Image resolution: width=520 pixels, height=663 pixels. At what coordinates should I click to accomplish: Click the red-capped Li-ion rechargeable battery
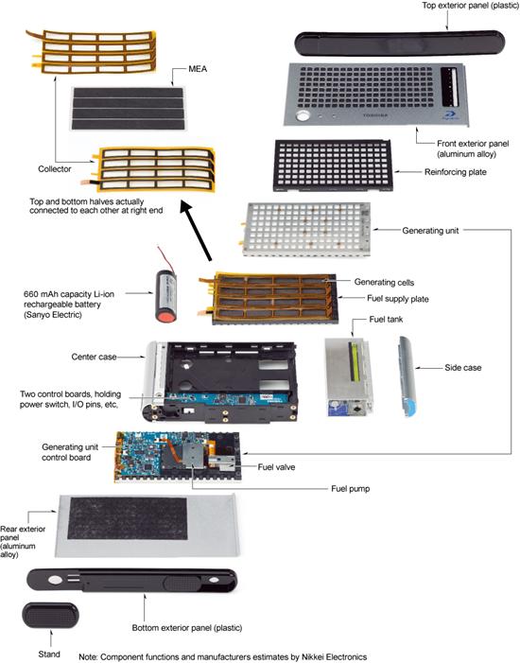165,296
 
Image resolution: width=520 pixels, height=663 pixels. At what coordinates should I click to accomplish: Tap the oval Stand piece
50,616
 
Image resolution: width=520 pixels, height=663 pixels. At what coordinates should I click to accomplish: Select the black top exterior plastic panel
400,44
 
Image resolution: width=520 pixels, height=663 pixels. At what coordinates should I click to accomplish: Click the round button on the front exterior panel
303,115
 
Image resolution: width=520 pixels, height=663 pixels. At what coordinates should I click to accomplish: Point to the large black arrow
196,231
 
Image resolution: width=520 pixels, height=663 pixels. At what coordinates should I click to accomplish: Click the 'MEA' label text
198,69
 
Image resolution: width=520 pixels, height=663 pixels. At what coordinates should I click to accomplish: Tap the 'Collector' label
55,169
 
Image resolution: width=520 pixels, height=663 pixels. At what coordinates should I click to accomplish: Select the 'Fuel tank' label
386,320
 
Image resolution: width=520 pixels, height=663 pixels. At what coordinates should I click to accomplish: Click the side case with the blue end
407,376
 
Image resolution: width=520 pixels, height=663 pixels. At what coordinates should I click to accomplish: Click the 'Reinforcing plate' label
456,172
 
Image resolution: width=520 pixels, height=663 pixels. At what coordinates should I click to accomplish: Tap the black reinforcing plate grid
333,166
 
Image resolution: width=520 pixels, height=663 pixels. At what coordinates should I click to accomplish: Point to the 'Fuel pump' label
351,489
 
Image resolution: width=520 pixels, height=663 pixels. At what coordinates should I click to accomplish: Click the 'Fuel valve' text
276,467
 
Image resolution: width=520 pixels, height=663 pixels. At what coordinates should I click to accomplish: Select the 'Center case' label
94,357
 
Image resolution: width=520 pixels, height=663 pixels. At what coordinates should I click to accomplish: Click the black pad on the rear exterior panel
128,518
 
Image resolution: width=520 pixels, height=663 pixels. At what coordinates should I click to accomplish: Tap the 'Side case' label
463,368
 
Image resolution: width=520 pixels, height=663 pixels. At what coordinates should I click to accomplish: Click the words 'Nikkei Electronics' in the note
334,657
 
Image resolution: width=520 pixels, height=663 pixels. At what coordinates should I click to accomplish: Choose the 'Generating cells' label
384,283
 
